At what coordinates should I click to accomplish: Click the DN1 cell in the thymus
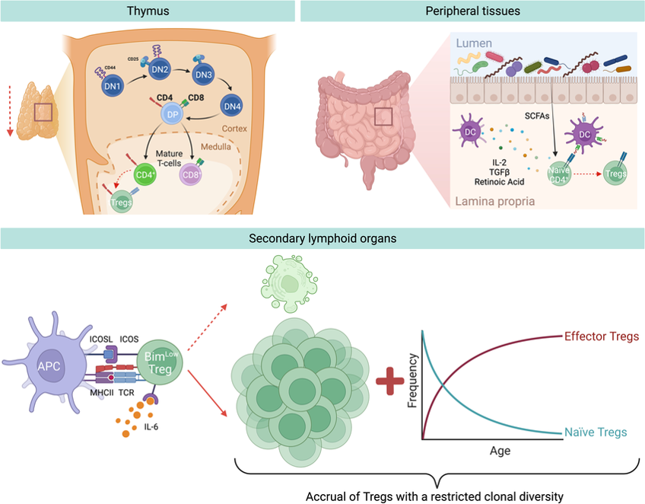pos(112,85)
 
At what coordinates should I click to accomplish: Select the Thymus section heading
pos(148,11)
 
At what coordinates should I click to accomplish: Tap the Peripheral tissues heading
pos(472,11)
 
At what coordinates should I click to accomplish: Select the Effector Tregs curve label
pos(601,336)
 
